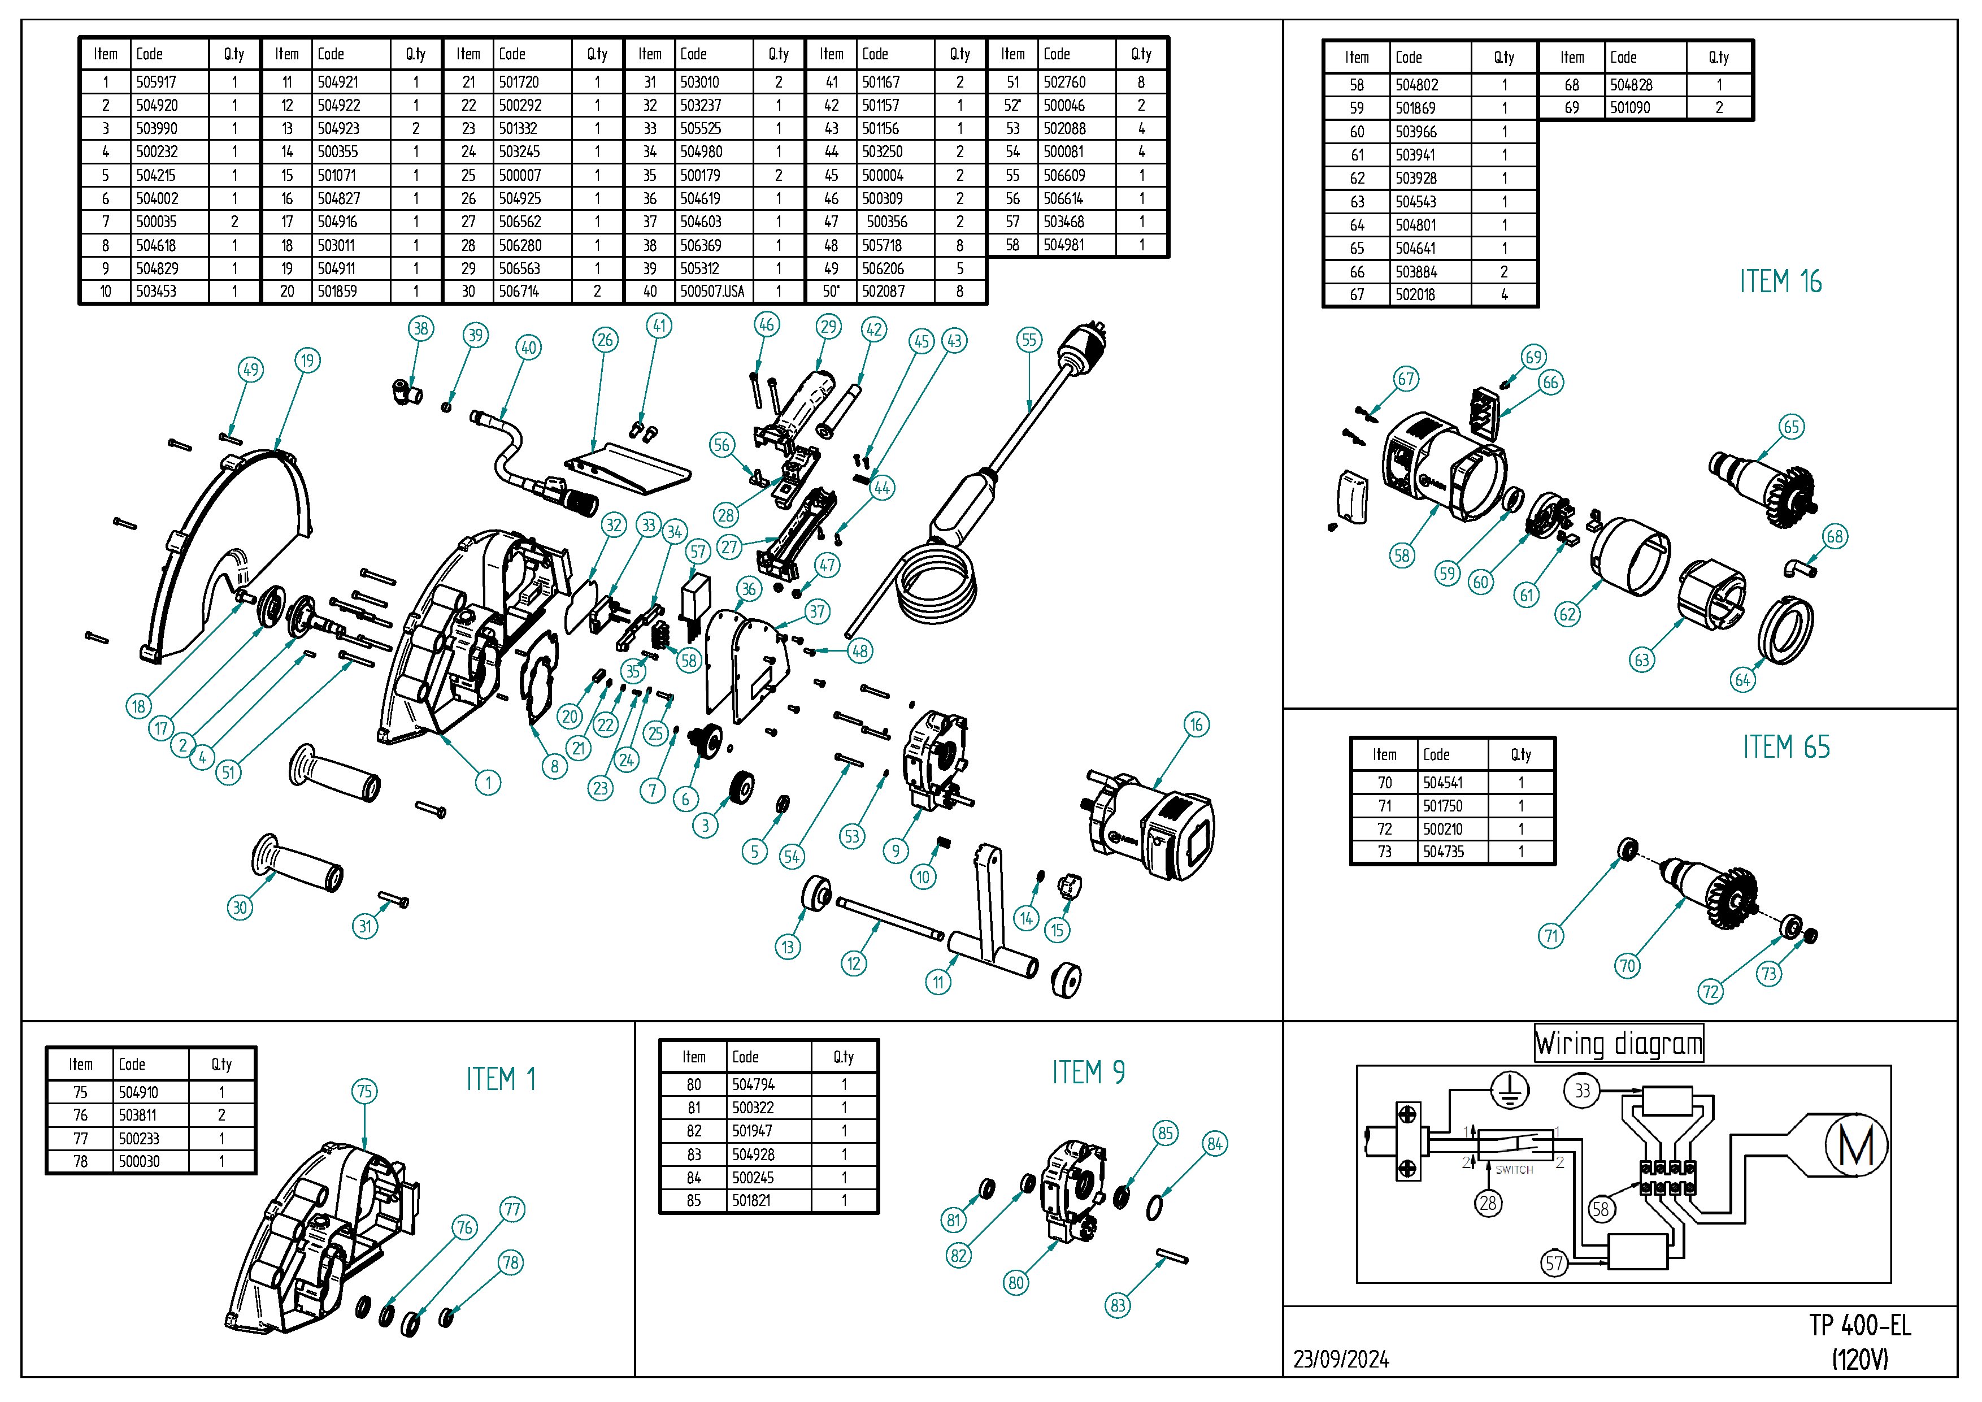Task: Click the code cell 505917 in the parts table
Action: pyautogui.click(x=157, y=82)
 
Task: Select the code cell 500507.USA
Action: pyautogui.click(x=711, y=292)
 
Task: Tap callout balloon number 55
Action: pyautogui.click(x=1029, y=340)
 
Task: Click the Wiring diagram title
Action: pyautogui.click(x=1618, y=1044)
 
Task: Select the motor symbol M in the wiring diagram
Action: pyautogui.click(x=1856, y=1147)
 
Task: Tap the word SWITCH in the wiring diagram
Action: pyautogui.click(x=1514, y=1170)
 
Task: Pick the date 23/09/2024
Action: pyautogui.click(x=1341, y=1360)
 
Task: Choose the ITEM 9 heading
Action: pyautogui.click(x=1088, y=1073)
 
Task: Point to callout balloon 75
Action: pyautogui.click(x=364, y=1092)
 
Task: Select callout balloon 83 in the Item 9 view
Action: pyautogui.click(x=1118, y=1305)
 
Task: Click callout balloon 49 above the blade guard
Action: pyautogui.click(x=250, y=370)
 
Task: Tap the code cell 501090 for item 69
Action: pyautogui.click(x=1630, y=108)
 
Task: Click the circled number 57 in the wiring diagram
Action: pyautogui.click(x=1554, y=1264)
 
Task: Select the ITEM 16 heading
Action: pyautogui.click(x=1780, y=283)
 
